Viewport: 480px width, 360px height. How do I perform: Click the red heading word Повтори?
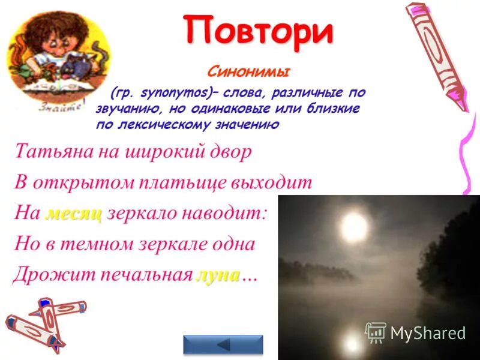pos(258,32)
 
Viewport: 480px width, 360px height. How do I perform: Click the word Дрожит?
pos(46,275)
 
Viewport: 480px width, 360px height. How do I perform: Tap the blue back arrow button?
pos(223,345)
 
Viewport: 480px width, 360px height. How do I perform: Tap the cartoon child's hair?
pos(54,36)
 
